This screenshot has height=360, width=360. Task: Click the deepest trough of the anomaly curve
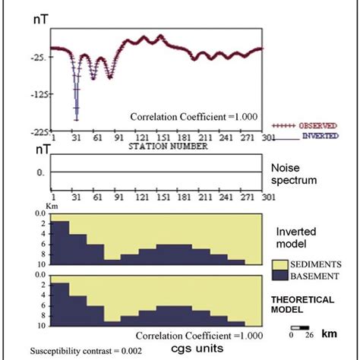(76, 119)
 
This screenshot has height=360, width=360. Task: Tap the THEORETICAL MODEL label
(302, 304)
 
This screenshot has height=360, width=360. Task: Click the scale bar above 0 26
(298, 327)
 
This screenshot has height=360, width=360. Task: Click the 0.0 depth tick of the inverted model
(42, 213)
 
